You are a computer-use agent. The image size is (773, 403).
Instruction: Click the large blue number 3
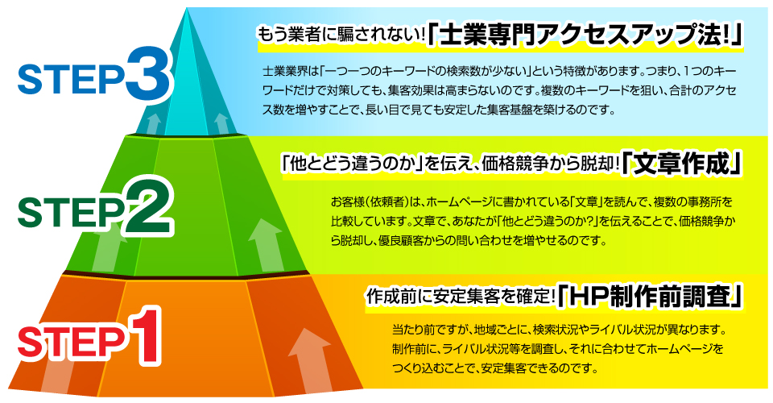pyautogui.click(x=149, y=73)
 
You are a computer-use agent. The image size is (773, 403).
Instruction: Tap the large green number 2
pyautogui.click(x=149, y=207)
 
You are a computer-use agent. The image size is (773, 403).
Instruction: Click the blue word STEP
pyautogui.click(x=71, y=80)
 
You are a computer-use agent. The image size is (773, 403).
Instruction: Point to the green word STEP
pyautogui.click(x=71, y=213)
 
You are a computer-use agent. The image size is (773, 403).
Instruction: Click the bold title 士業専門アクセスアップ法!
pyautogui.click(x=585, y=36)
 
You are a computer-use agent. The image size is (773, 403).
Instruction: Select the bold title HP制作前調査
pyautogui.click(x=651, y=297)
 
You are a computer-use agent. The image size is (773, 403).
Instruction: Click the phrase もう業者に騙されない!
pyautogui.click(x=341, y=35)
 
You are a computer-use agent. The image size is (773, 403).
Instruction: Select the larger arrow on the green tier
pyautogui.click(x=267, y=244)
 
